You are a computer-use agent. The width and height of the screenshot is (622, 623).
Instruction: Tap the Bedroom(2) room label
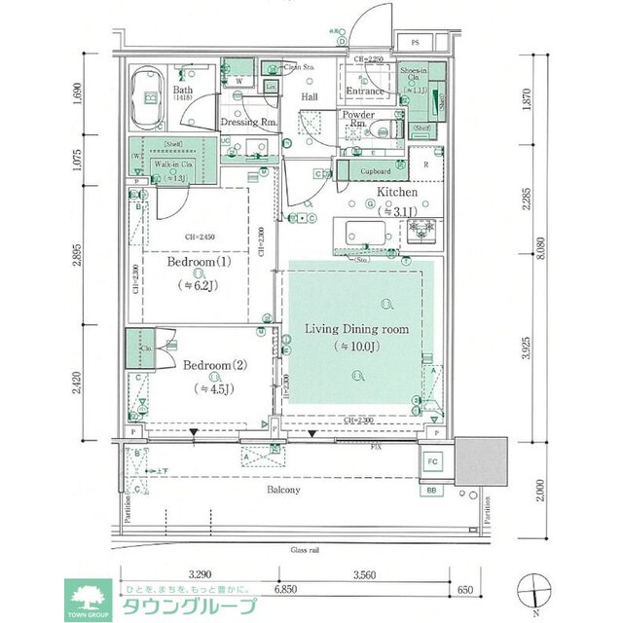click(x=216, y=366)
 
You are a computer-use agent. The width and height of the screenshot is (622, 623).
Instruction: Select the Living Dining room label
click(x=356, y=328)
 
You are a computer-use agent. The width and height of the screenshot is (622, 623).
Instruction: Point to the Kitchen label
click(x=397, y=193)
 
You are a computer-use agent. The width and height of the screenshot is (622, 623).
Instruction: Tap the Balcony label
click(x=283, y=490)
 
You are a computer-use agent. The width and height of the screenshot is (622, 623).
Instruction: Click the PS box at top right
click(x=415, y=43)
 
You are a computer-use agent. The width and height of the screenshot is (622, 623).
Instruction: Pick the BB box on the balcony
click(x=432, y=491)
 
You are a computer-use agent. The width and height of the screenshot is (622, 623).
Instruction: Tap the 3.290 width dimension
click(x=201, y=573)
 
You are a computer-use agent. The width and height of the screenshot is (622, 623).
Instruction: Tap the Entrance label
click(x=366, y=92)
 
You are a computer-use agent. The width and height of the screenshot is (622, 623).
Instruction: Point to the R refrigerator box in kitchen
click(x=426, y=165)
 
